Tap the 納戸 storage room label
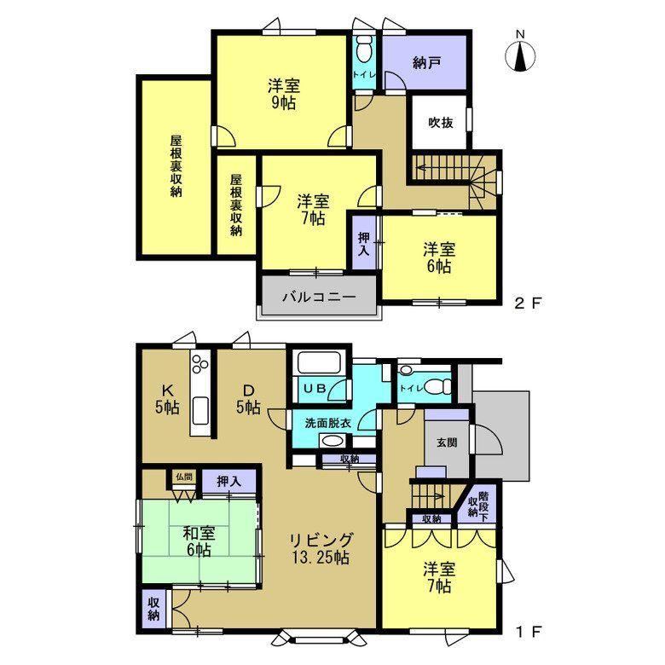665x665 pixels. click(x=425, y=63)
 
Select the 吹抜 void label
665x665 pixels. click(x=440, y=123)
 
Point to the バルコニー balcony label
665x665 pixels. click(x=319, y=297)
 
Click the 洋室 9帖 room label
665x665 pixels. click(x=284, y=94)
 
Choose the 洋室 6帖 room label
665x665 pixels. click(x=439, y=257)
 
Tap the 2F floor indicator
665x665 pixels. click(x=528, y=303)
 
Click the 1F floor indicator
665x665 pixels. click(x=529, y=633)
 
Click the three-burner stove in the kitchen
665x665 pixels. click(x=200, y=363)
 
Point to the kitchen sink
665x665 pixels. click(x=200, y=411)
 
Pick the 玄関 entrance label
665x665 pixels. click(x=447, y=442)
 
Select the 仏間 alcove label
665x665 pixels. click(x=183, y=477)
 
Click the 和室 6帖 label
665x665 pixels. click(x=199, y=541)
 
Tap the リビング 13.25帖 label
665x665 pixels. click(x=321, y=549)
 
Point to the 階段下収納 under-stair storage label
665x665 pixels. click(x=478, y=504)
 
